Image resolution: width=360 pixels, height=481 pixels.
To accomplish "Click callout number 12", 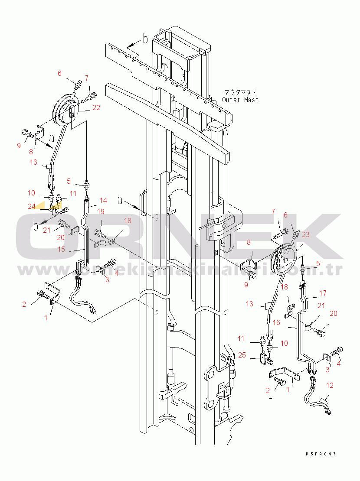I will click(330, 385).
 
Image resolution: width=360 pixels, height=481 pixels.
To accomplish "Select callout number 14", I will click(103, 201).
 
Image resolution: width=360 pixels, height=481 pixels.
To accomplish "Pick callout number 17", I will click(323, 293).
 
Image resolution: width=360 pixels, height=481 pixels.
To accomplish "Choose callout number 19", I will click(101, 211).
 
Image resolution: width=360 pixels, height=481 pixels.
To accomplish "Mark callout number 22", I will click(96, 108).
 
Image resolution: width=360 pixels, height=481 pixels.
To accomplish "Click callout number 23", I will click(305, 234).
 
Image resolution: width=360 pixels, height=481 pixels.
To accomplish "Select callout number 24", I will click(31, 206).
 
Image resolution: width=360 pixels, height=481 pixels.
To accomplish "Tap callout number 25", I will click(242, 355).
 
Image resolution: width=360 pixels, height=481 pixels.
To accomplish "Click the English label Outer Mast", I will click(240, 100).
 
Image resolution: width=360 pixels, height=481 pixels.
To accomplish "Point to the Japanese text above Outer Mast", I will click(240, 92).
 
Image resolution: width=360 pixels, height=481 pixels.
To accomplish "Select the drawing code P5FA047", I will click(321, 454).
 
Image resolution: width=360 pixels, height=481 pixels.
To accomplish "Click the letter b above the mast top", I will click(145, 39).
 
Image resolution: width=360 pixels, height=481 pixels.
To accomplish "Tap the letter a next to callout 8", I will click(52, 139).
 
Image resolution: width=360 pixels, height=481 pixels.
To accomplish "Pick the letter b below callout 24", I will click(37, 225).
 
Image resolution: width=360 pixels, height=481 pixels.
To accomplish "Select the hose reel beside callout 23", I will click(282, 260).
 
